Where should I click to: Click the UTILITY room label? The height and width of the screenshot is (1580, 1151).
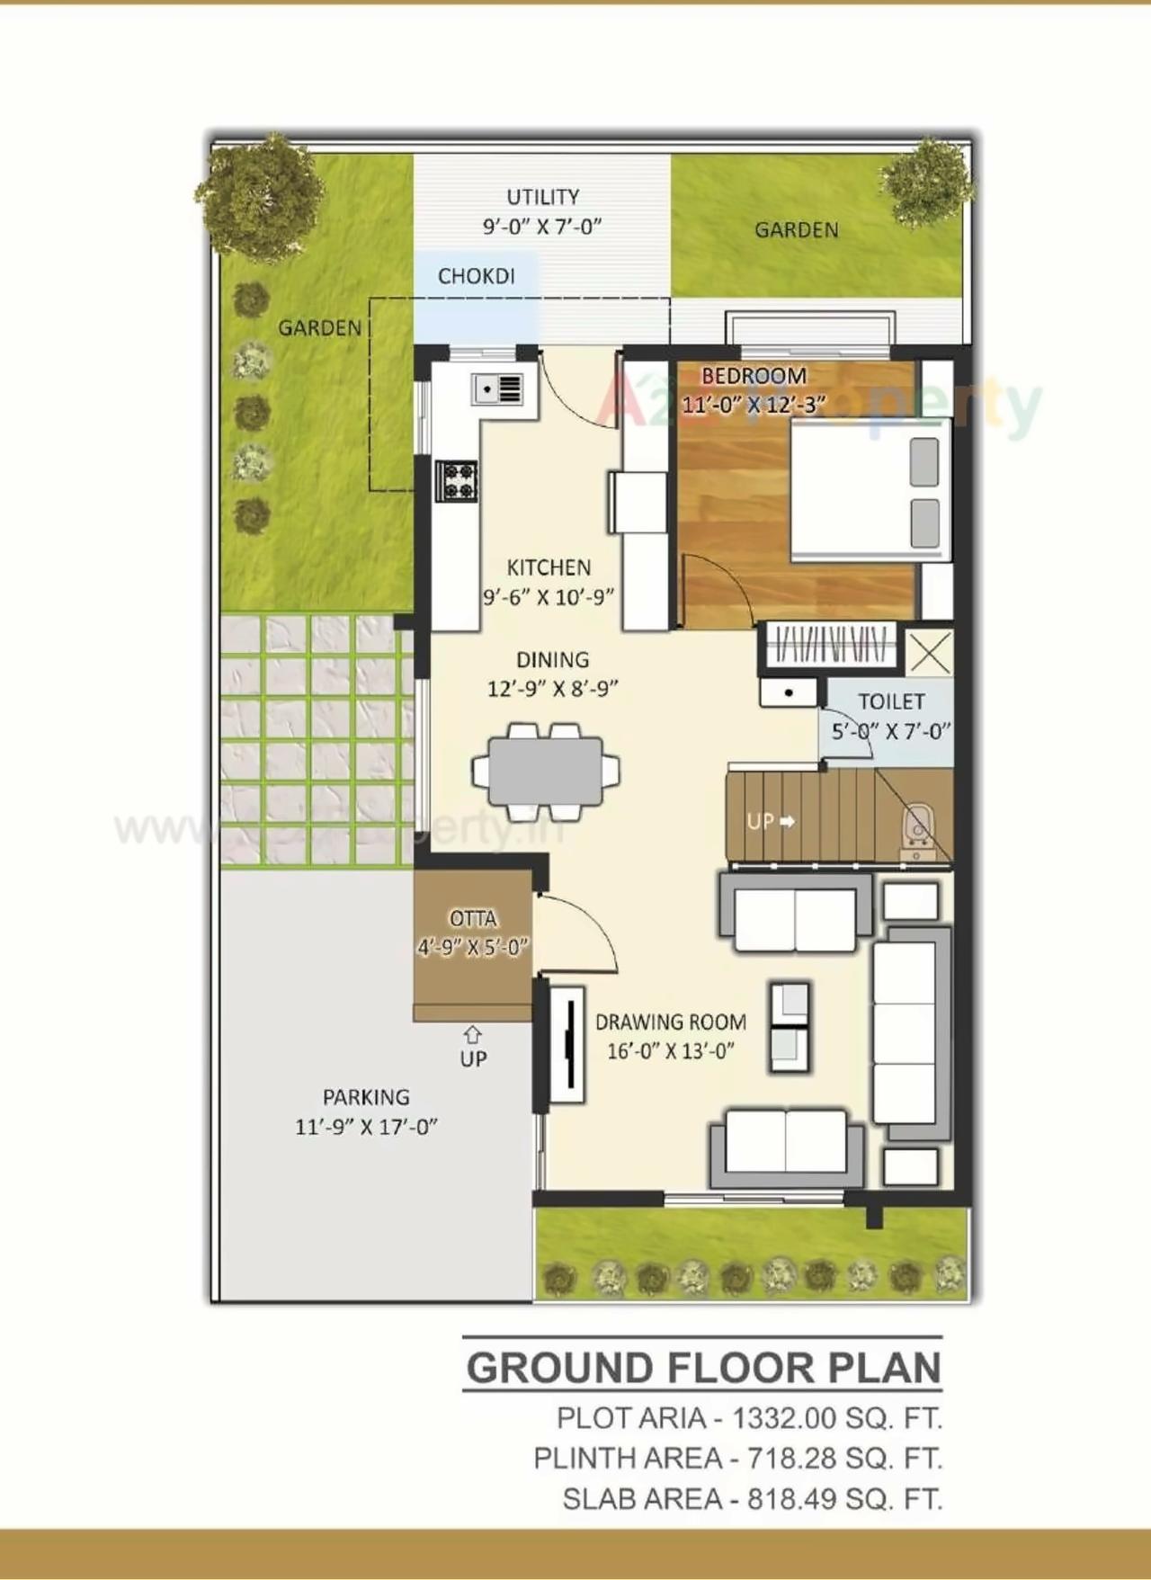[542, 197]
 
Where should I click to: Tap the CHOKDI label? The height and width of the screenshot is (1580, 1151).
[476, 276]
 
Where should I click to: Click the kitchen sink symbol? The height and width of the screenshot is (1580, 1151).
[497, 389]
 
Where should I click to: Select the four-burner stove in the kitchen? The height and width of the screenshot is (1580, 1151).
[456, 480]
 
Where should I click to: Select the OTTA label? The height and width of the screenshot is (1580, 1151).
[473, 918]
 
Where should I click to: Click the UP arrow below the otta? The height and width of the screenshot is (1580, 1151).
[473, 1036]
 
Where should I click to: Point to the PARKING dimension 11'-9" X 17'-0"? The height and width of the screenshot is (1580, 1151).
[366, 1126]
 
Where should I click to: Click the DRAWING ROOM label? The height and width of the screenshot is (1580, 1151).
[670, 1022]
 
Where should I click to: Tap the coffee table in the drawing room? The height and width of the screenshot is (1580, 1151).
[790, 1026]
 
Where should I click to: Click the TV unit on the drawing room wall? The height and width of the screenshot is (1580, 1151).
[567, 1043]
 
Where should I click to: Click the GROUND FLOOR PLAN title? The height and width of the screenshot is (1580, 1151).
[703, 1368]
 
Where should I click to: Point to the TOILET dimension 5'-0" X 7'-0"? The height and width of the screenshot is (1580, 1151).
[890, 731]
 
